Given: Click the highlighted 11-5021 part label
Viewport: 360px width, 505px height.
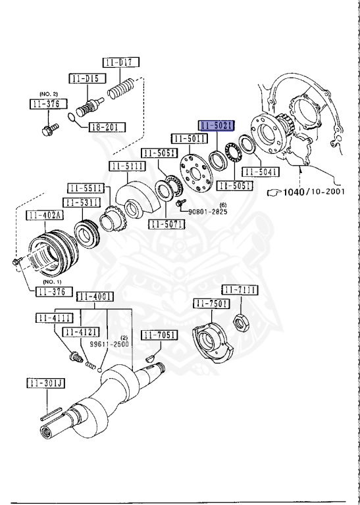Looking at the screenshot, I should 217,124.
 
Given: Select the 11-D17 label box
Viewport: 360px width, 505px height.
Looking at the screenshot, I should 120,63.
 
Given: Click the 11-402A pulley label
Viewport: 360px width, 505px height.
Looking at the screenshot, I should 44,215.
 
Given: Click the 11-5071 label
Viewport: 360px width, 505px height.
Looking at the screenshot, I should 167,225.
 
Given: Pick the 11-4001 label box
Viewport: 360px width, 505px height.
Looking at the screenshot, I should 95,296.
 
